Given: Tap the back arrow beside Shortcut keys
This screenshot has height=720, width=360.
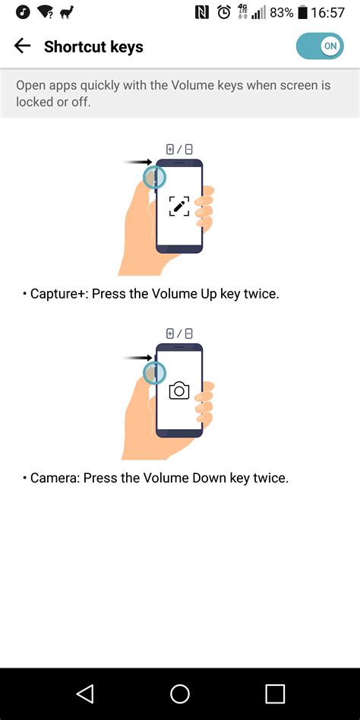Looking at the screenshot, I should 22,46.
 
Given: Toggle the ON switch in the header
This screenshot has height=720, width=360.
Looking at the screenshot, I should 320,46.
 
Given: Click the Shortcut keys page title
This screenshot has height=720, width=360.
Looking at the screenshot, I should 93,47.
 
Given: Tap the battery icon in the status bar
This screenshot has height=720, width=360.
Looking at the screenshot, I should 304,12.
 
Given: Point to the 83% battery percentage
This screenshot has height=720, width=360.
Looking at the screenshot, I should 281,12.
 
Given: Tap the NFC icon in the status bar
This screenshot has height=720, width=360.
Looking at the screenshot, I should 202,12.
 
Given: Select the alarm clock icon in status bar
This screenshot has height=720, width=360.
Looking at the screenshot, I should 224,12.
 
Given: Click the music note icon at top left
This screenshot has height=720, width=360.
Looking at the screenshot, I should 14,12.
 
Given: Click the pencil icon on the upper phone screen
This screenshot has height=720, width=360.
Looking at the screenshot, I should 179,206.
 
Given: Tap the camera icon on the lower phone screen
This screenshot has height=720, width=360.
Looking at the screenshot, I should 179,390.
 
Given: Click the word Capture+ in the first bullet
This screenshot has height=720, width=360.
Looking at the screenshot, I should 60,293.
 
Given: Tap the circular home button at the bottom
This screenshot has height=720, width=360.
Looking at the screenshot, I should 180,693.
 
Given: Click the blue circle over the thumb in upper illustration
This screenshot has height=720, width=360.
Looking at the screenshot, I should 154,177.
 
